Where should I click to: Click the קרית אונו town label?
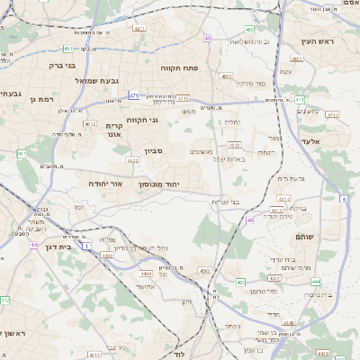113,130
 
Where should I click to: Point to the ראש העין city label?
317,42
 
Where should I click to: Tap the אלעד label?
334,141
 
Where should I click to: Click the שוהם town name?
306,236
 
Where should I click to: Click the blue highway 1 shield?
87,245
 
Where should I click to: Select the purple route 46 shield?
250,219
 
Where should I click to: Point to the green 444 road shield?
316,281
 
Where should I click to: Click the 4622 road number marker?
132,160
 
